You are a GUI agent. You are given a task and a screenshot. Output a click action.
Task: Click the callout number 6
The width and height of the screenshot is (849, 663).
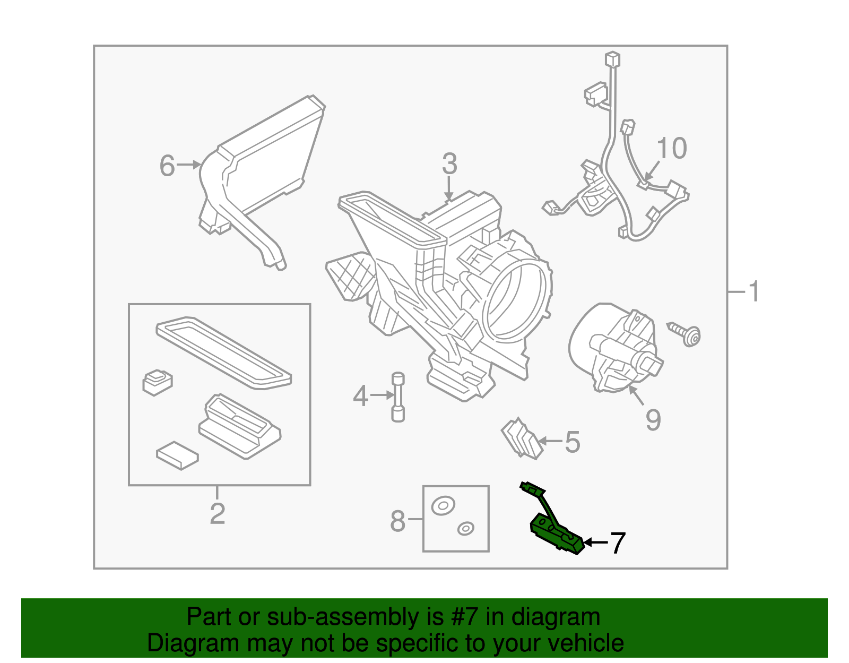(167, 166)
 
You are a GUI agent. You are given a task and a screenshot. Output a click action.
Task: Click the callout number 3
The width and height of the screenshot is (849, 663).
(449, 164)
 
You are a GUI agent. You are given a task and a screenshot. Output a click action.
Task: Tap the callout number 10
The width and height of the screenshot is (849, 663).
(671, 149)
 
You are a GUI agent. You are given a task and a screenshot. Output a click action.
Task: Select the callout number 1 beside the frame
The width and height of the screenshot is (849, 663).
(753, 292)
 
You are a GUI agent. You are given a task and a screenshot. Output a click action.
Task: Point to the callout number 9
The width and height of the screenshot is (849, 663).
(653, 420)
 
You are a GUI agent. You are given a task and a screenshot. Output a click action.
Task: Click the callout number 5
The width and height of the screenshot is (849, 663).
(572, 442)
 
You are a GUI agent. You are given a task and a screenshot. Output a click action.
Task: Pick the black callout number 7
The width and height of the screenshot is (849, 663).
(618, 543)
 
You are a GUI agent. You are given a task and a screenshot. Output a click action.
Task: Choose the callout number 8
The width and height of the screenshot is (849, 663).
(397, 521)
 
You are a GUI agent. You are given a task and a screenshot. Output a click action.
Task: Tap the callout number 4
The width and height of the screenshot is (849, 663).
(360, 396)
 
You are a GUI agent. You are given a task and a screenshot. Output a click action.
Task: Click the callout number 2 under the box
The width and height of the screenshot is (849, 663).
(217, 513)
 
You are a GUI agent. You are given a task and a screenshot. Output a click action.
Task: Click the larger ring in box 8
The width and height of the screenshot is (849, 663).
(443, 505)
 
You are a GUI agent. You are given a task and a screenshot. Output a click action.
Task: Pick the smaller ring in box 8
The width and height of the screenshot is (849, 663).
(465, 529)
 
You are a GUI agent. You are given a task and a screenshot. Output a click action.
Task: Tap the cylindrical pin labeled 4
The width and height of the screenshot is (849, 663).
(397, 398)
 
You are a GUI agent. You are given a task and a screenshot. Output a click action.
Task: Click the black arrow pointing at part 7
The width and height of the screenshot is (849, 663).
(595, 543)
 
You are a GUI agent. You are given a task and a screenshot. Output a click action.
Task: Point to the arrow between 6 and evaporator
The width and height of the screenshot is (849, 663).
(188, 165)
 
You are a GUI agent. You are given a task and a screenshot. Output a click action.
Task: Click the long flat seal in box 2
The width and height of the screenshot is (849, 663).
(223, 353)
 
